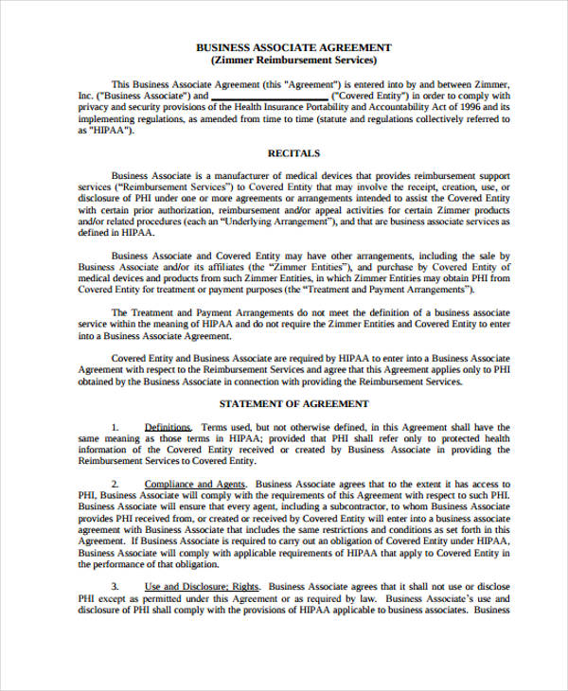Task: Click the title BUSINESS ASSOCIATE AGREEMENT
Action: point(293,46)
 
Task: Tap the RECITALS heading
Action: point(293,152)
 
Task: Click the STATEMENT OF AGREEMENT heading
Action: point(293,404)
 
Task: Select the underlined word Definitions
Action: point(168,428)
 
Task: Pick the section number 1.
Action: point(115,428)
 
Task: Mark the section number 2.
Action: point(115,481)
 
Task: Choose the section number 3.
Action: point(115,586)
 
